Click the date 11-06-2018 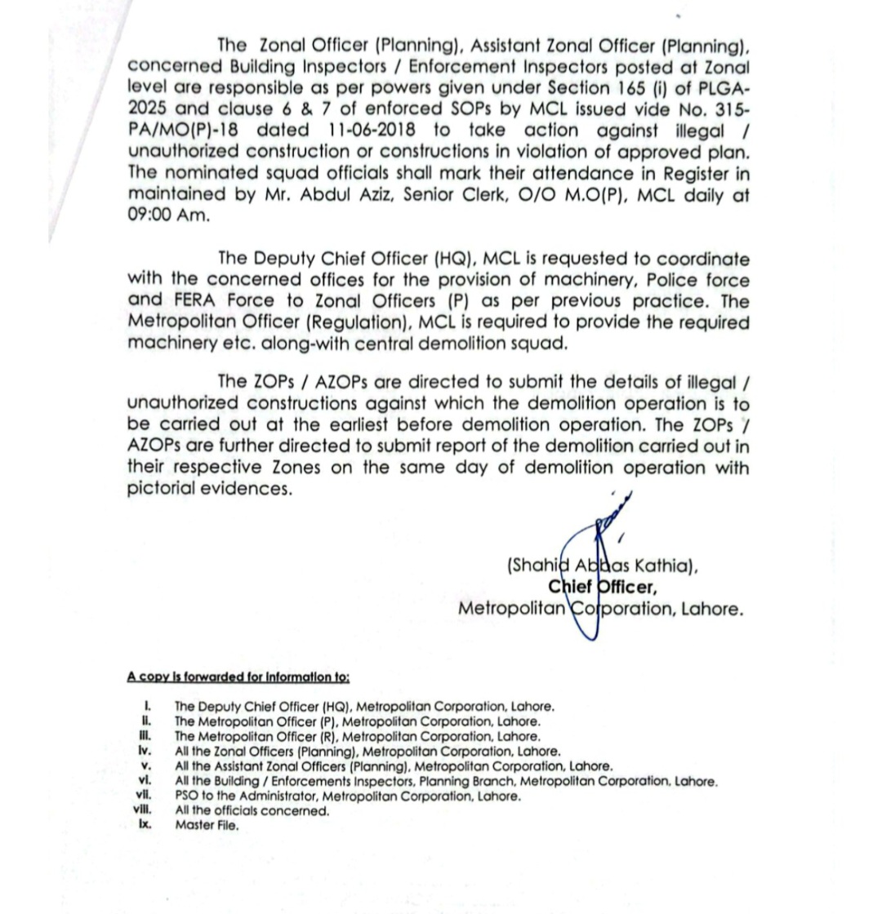(x=372, y=131)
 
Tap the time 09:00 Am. (x=168, y=216)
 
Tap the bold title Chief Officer (x=603, y=587)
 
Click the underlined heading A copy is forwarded (x=238, y=677)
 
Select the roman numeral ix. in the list (x=145, y=825)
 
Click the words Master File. (x=207, y=826)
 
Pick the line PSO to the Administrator (x=347, y=796)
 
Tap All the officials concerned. (x=252, y=811)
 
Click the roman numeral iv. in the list (x=145, y=750)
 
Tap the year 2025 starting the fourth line (x=153, y=109)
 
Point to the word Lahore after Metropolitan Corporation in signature (x=709, y=609)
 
